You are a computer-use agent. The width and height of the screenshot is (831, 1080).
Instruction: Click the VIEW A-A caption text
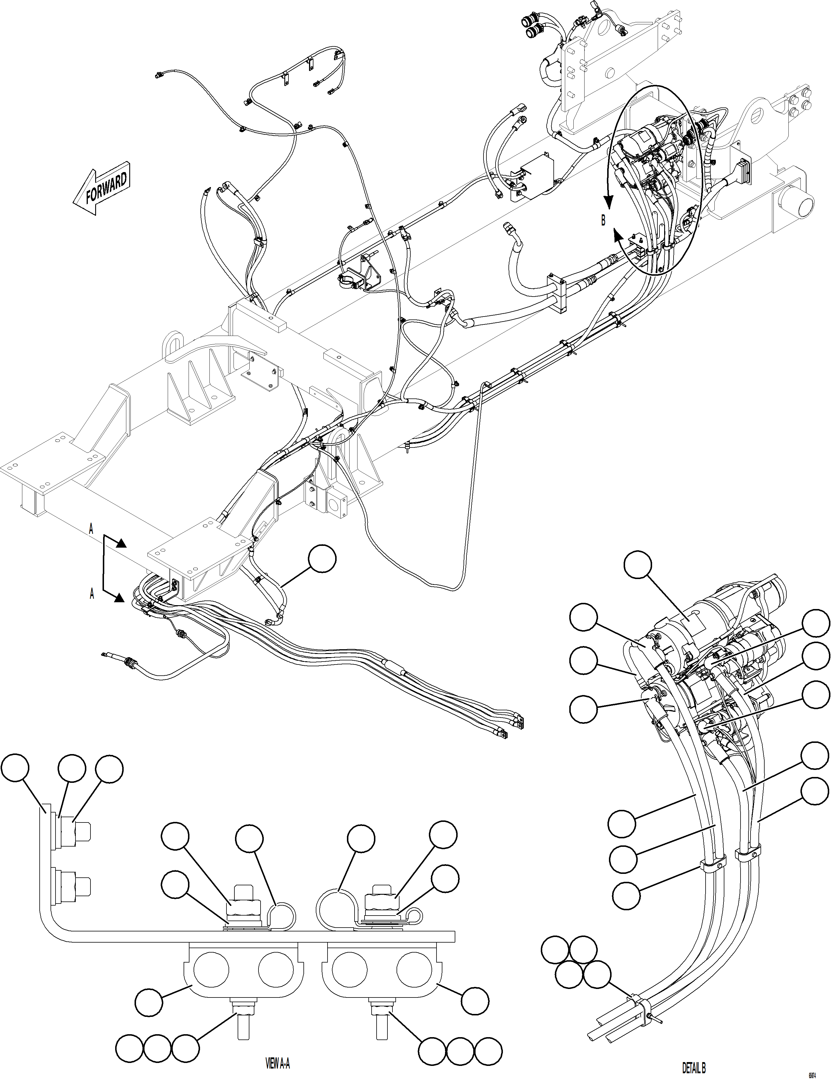[278, 1063]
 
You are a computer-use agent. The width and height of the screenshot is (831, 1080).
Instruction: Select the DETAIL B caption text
[694, 1069]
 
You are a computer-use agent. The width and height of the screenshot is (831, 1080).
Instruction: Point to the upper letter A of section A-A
[91, 530]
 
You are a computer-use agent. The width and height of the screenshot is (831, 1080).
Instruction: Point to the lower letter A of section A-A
[92, 594]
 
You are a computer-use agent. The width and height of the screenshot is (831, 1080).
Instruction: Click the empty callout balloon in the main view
[322, 560]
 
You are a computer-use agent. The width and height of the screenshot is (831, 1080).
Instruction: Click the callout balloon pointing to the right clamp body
[475, 1000]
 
